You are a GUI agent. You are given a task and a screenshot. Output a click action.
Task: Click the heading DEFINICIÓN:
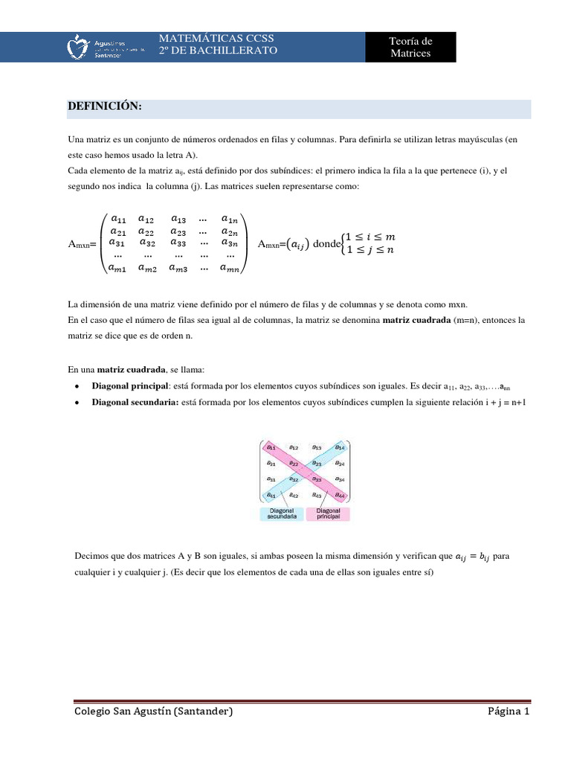tap(104, 107)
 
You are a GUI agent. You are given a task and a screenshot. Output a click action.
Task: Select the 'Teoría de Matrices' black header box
tap(410, 47)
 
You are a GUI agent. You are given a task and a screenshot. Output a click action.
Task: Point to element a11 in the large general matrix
tap(119, 219)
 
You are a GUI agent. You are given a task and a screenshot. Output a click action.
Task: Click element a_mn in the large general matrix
tap(230, 268)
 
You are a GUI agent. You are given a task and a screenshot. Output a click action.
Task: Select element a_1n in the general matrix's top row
tap(229, 219)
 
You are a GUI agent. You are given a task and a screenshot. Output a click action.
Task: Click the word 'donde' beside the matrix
tap(325, 244)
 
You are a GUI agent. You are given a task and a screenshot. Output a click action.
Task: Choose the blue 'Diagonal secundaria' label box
tap(283, 514)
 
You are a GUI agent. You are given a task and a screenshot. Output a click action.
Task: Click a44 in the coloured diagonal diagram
tap(338, 495)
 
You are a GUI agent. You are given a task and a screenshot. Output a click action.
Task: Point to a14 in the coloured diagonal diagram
tap(338, 447)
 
